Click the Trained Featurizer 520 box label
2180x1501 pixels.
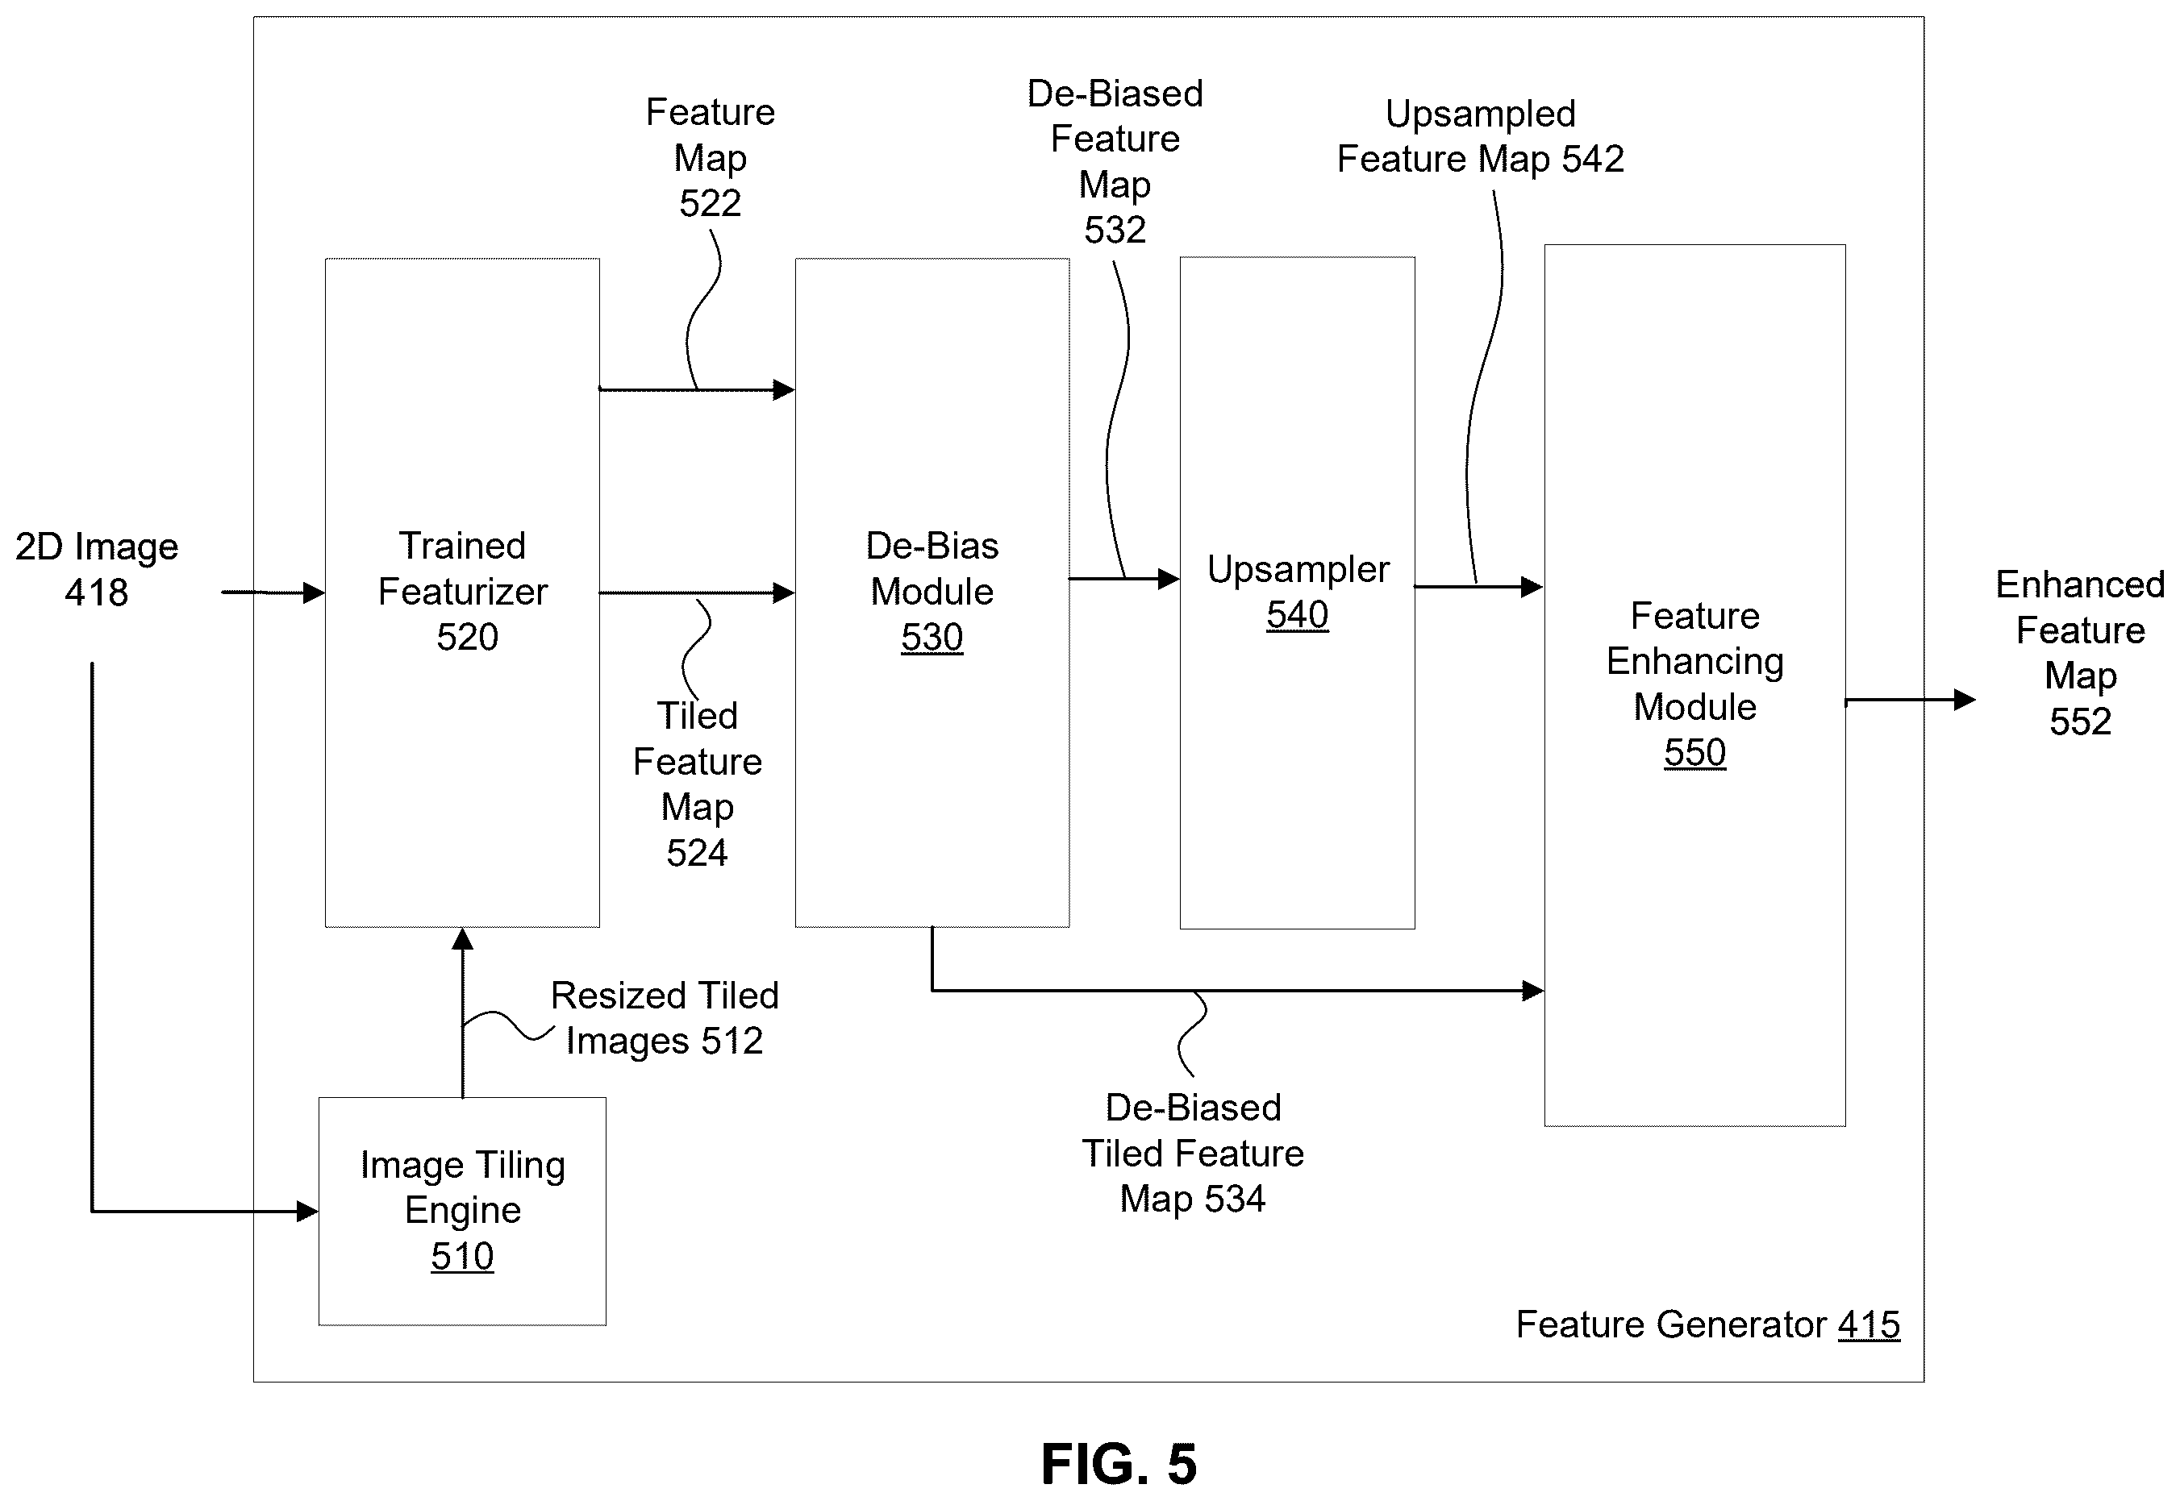463,592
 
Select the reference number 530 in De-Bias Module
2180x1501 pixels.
932,638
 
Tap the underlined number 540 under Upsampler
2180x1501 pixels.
1297,615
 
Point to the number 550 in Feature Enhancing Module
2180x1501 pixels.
1694,752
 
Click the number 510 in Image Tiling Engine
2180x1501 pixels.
462,1257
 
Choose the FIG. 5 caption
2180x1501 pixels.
1118,1464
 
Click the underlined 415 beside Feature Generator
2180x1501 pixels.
1869,1325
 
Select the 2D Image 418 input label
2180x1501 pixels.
96,570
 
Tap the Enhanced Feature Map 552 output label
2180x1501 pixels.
2079,653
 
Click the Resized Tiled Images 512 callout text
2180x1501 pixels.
665,1019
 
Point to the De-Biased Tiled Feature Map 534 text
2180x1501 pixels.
1192,1153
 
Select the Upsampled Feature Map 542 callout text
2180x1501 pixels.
1480,136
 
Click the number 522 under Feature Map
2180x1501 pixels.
711,203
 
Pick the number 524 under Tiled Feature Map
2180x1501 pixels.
697,853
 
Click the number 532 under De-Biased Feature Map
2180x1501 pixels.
1115,231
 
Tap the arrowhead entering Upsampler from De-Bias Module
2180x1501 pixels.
1169,579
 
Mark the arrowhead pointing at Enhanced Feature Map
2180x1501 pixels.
1965,700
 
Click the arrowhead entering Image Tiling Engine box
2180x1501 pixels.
307,1212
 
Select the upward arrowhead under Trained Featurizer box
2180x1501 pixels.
462,938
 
